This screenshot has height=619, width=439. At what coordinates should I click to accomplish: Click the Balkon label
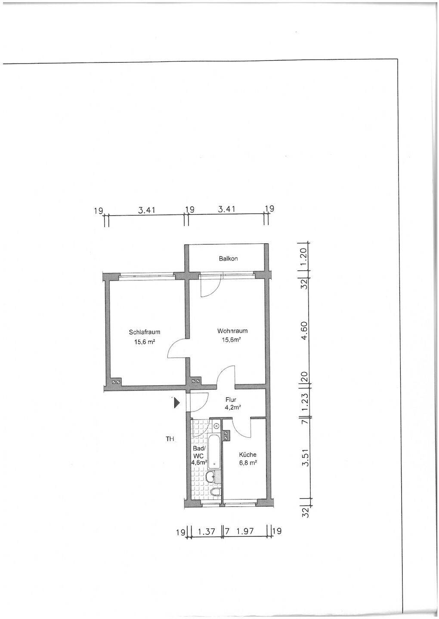click(228, 259)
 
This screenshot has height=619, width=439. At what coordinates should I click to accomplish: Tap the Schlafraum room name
click(145, 332)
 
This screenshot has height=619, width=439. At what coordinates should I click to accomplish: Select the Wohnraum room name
click(232, 331)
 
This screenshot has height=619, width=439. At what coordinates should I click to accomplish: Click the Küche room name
click(248, 455)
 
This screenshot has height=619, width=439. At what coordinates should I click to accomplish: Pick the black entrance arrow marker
click(176, 404)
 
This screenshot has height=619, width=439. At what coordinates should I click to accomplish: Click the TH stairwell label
click(170, 438)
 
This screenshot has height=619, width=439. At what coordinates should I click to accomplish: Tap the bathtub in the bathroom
click(214, 452)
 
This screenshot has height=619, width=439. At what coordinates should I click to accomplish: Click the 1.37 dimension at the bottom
click(206, 531)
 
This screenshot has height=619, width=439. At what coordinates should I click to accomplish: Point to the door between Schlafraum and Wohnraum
click(178, 348)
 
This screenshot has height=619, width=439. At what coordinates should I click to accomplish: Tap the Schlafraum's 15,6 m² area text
click(145, 342)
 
